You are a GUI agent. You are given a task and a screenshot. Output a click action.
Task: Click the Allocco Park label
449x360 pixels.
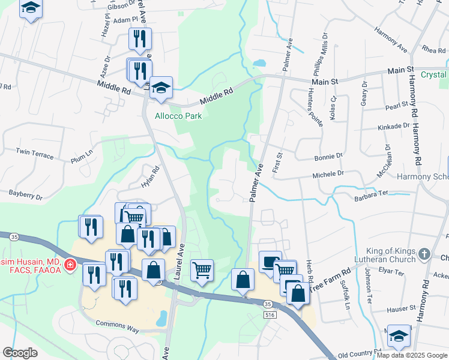coord(179,115)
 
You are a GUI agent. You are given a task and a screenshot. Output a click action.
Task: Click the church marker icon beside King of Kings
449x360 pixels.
coord(425,254)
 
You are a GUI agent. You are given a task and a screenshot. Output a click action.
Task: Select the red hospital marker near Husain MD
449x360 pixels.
coord(70,264)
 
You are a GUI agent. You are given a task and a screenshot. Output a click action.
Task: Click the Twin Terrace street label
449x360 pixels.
coord(35,153)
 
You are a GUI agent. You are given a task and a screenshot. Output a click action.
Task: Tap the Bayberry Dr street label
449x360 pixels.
coord(25,194)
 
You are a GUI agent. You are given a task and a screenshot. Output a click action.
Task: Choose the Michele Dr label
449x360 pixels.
coord(327,173)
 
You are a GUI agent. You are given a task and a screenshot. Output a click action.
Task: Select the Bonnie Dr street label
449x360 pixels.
coord(328,155)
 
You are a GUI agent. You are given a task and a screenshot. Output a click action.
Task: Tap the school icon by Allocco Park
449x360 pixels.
coord(161,88)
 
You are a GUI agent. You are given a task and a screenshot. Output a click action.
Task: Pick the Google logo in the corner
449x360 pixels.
coord(20,352)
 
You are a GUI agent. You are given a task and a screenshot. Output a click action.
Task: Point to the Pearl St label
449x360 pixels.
coord(397,107)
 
